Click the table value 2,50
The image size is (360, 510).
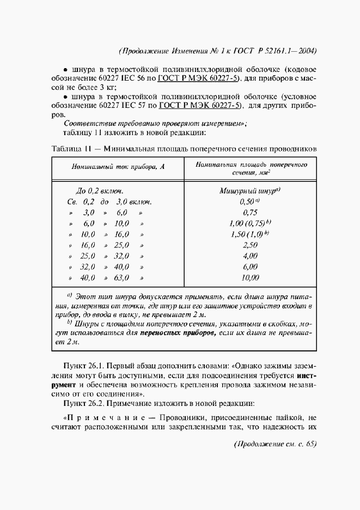coord(249,245)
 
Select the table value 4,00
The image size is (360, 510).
coord(249,256)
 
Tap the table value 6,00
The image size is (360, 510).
coord(249,267)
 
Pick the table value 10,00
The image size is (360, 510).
coord(249,278)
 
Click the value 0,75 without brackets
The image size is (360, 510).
coord(249,212)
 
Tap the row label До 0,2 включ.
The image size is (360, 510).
coord(99,191)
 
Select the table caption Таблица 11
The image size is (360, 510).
coord(70,149)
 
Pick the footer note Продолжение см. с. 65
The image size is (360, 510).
coord(274,444)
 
